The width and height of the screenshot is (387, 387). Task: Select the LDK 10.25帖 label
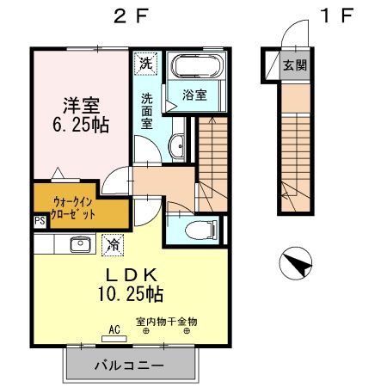coord(131,284)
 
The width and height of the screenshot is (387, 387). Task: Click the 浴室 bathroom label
coord(193,95)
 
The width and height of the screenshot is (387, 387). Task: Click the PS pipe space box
coord(40,221)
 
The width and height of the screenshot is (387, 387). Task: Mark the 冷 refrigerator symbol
coord(112,244)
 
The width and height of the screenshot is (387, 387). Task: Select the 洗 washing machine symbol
coord(146,63)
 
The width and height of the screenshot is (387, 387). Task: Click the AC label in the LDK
coord(114,328)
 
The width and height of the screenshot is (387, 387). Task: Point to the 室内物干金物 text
coord(165,321)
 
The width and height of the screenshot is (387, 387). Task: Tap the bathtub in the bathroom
coord(195,66)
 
